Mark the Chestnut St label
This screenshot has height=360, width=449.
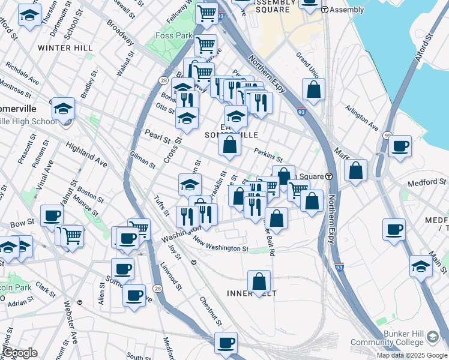coord(211,309)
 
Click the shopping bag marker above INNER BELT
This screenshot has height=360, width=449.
coord(259,281)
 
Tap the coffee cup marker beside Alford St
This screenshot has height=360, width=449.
coord(400,146)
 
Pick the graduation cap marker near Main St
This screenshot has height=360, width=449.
coord(421,266)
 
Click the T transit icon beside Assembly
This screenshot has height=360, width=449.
coord(325,10)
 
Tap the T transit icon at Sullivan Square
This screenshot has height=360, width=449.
coord(329,176)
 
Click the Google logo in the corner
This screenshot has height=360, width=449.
coord(20,353)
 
